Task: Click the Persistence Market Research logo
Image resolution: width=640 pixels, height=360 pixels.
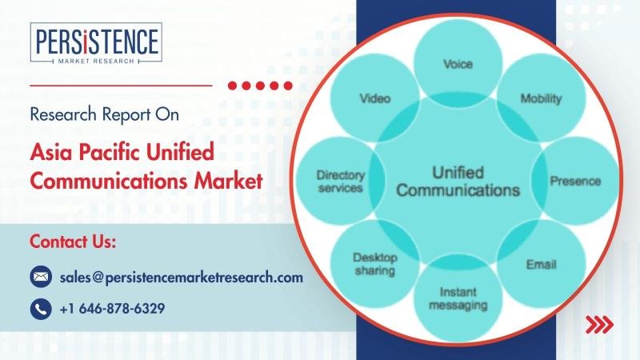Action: (96, 43)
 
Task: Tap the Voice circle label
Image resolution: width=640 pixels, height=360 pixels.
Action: (458, 64)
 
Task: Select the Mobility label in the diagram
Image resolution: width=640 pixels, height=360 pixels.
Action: (542, 98)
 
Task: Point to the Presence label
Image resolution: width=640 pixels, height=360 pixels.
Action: (575, 181)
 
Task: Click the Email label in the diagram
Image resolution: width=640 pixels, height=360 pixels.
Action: (542, 265)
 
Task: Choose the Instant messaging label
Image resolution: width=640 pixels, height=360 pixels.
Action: (458, 298)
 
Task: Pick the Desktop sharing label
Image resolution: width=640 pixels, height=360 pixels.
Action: (374, 264)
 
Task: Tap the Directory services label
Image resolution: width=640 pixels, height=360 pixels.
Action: (341, 182)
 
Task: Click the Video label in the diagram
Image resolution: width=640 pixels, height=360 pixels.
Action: (374, 98)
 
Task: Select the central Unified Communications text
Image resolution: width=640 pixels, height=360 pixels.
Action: (458, 182)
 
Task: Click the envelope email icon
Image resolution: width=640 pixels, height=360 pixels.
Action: (41, 276)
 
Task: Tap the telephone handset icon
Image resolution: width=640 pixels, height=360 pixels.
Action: (41, 309)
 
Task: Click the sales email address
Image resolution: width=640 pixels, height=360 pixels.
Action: (182, 278)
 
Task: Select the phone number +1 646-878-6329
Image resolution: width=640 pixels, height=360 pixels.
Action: (112, 309)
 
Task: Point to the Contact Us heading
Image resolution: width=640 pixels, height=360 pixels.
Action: (73, 242)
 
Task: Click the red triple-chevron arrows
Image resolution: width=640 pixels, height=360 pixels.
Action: (599, 325)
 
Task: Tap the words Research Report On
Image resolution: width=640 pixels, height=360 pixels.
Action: (105, 114)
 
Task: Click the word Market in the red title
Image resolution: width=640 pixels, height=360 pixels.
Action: (228, 182)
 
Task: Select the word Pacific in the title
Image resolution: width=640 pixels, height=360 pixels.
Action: (110, 152)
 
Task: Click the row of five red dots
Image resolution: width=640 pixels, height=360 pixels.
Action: (260, 86)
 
